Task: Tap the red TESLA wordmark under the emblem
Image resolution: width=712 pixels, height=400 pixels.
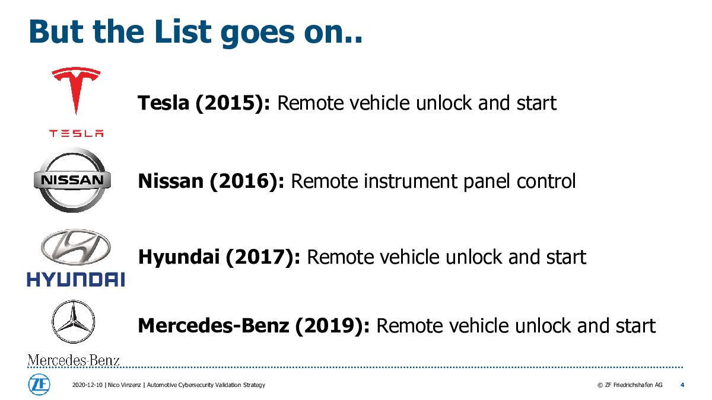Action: coord(77,133)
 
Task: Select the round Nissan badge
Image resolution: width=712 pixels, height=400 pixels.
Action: coord(72,180)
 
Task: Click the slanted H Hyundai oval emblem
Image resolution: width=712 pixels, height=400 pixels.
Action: coord(76,247)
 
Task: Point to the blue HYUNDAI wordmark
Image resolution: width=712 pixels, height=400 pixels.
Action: coord(76,279)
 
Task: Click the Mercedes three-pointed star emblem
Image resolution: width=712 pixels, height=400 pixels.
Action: coord(74,322)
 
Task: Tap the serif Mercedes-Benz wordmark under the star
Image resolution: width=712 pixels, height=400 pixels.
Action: coord(74,360)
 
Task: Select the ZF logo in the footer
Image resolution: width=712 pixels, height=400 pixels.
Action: coord(39,385)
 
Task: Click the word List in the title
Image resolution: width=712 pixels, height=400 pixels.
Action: coord(183,31)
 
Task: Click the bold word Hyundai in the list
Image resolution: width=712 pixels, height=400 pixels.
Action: coord(179,257)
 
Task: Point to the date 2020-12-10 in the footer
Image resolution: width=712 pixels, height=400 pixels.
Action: coord(87,385)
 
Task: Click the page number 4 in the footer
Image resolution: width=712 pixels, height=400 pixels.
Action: coord(682,385)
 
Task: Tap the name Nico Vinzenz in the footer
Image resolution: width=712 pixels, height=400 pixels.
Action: coord(124,385)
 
